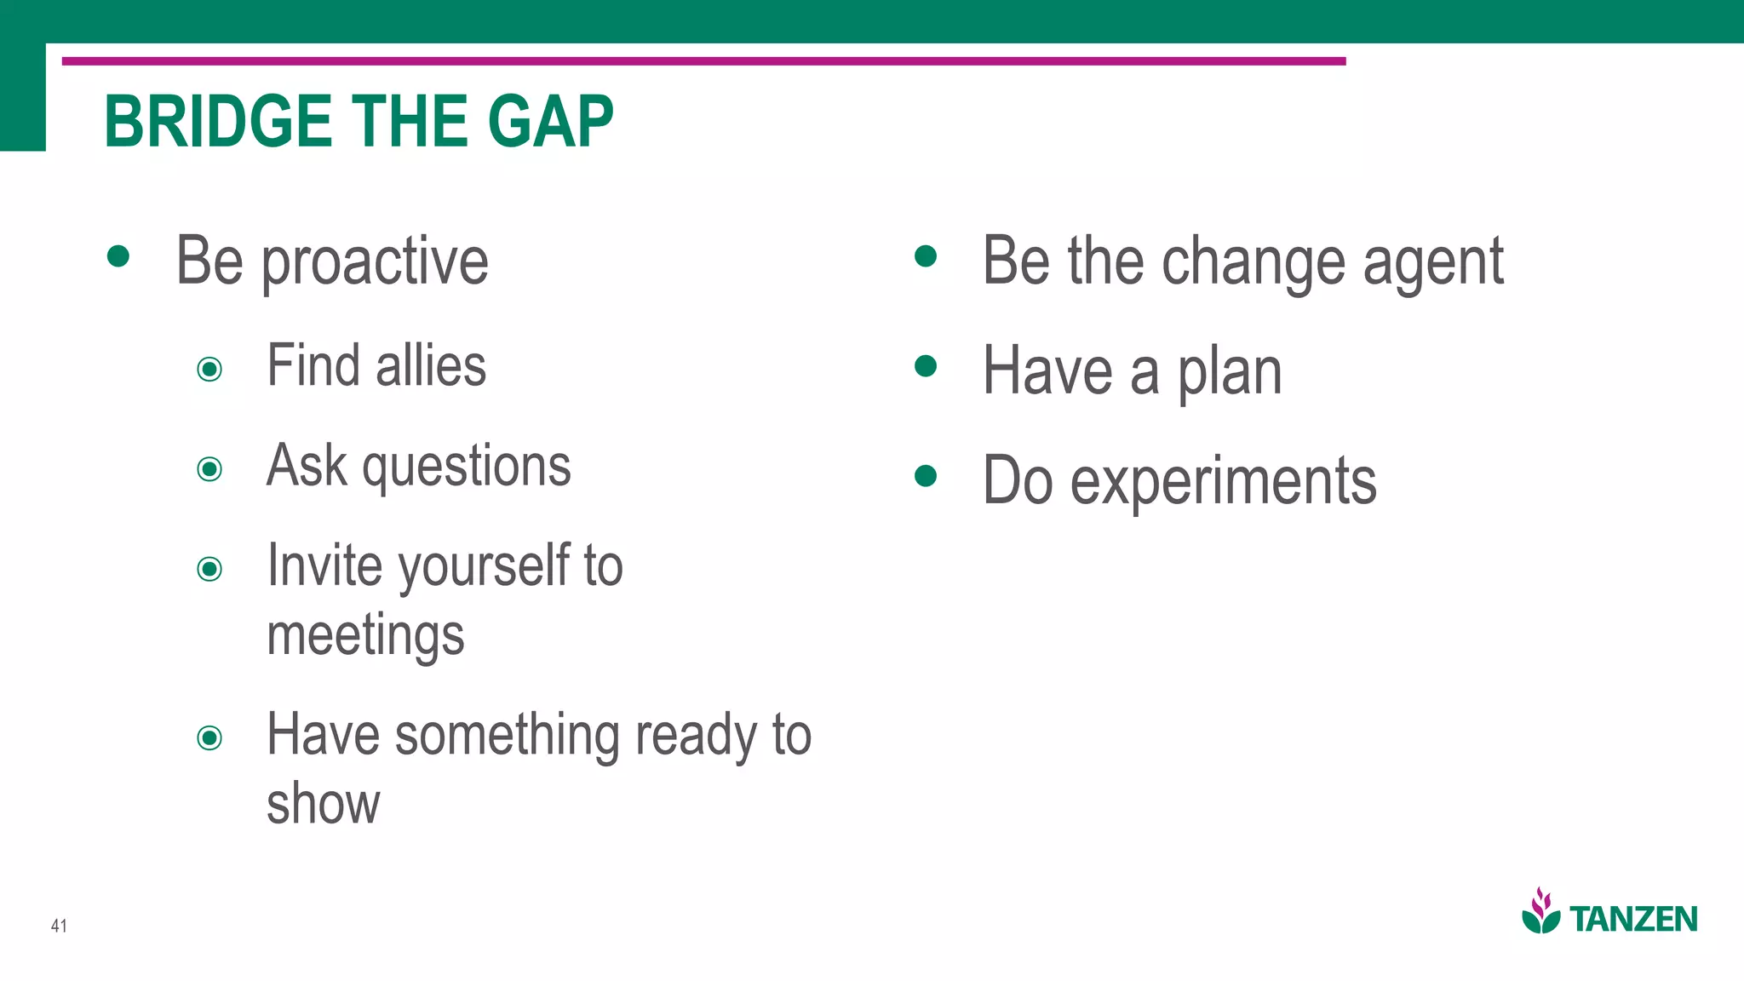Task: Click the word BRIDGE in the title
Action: pyautogui.click(x=217, y=122)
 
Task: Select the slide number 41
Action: pyautogui.click(x=59, y=926)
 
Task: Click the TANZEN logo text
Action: pyautogui.click(x=1632, y=920)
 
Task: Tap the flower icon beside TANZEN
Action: pyautogui.click(x=1540, y=911)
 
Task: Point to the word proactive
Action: pyautogui.click(x=375, y=262)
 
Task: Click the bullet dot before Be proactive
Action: pyautogui.click(x=118, y=255)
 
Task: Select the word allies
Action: pyautogui.click(x=431, y=366)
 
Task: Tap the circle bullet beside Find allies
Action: pyautogui.click(x=209, y=369)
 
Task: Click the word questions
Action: pyautogui.click(x=467, y=468)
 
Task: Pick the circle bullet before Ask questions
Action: pyautogui.click(x=209, y=468)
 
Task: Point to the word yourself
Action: pyautogui.click(x=484, y=567)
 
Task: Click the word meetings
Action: pyautogui.click(x=365, y=636)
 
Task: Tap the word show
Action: pyautogui.click(x=323, y=804)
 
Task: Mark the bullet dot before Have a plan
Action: pyautogui.click(x=926, y=366)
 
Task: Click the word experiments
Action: pyautogui.click(x=1223, y=482)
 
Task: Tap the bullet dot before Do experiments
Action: pyautogui.click(x=926, y=475)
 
